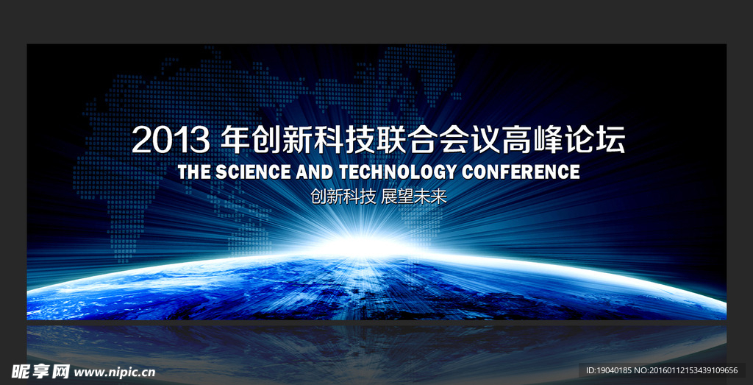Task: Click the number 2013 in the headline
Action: (x=170, y=141)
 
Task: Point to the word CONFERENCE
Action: (x=521, y=172)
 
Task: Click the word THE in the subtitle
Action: (x=194, y=172)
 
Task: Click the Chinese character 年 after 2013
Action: (x=235, y=139)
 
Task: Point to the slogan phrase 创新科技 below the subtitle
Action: (x=343, y=197)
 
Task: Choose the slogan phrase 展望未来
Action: (x=413, y=197)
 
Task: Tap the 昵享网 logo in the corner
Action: (x=41, y=371)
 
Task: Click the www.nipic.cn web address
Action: (x=115, y=372)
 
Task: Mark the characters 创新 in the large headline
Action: (x=282, y=139)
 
